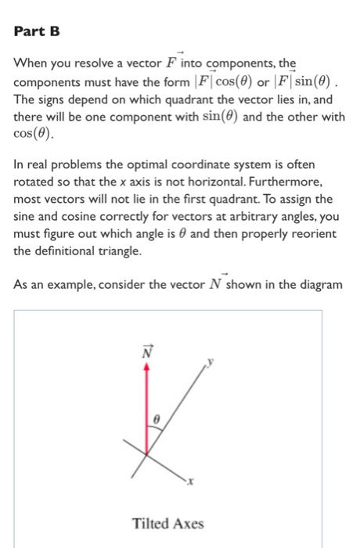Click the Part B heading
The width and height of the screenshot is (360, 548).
(38, 34)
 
